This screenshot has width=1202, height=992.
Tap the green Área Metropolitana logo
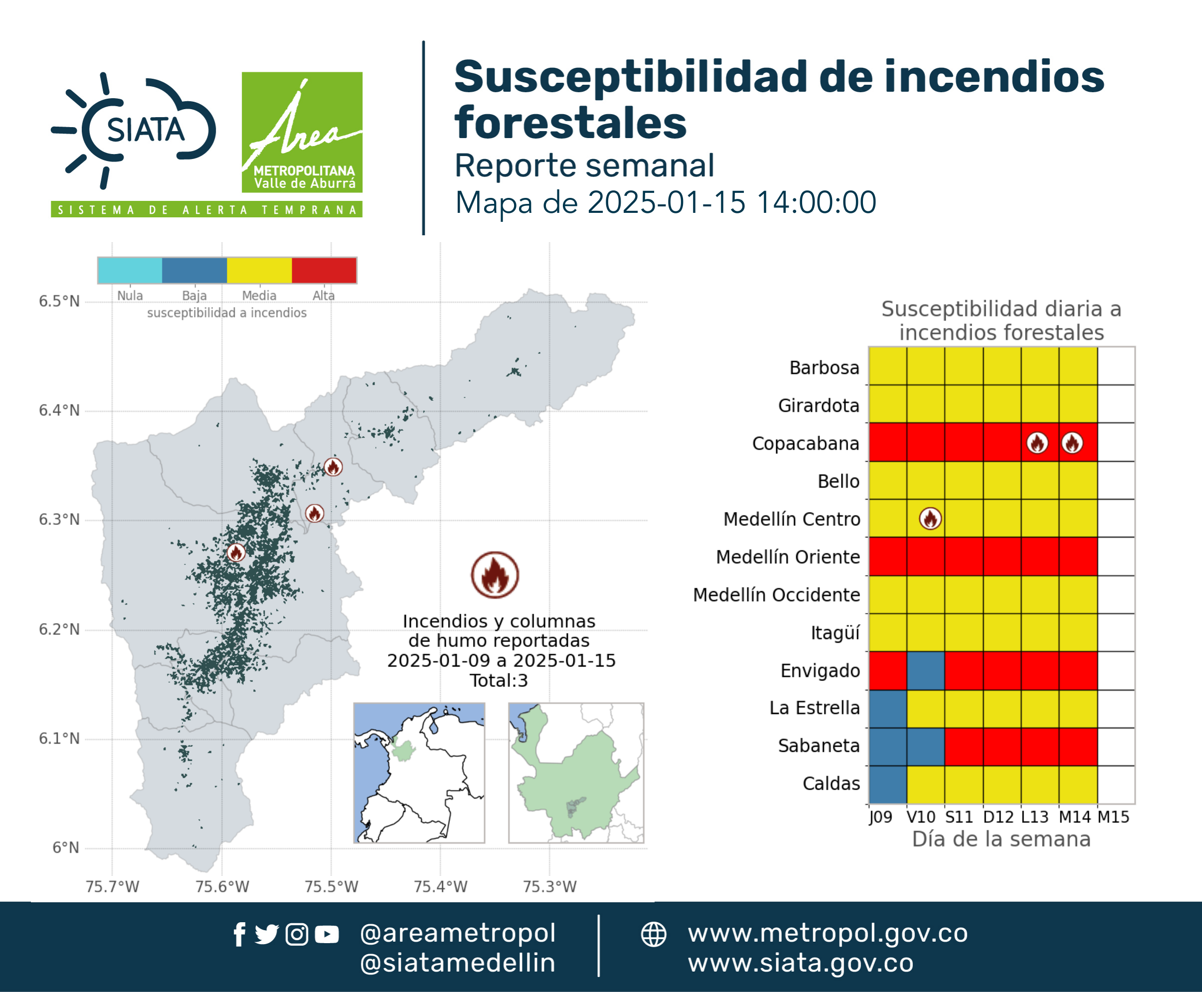(x=302, y=132)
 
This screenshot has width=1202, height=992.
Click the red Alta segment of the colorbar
(x=324, y=270)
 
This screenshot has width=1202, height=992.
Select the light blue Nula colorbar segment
(x=130, y=270)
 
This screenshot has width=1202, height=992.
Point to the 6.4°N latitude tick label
(x=59, y=410)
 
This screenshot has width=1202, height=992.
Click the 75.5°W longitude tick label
(x=331, y=886)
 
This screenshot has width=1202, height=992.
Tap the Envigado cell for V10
(x=925, y=670)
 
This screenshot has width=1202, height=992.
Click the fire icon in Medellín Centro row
(x=930, y=519)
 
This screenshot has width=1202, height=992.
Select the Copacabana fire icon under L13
(x=1037, y=443)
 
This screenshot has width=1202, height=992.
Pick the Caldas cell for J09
(x=887, y=784)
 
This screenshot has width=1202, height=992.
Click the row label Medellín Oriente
(x=788, y=557)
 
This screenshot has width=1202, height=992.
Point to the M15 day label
(x=1113, y=817)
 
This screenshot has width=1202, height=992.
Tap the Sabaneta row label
(x=819, y=746)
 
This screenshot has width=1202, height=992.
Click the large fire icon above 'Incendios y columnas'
(x=495, y=575)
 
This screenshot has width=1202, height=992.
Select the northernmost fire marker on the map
(x=333, y=467)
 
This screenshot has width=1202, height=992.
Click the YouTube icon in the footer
(x=327, y=934)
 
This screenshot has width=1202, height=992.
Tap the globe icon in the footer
(x=653, y=934)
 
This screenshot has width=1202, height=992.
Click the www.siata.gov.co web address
(x=800, y=963)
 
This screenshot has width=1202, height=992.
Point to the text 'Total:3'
(x=499, y=680)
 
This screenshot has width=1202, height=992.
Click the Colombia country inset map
(x=419, y=773)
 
